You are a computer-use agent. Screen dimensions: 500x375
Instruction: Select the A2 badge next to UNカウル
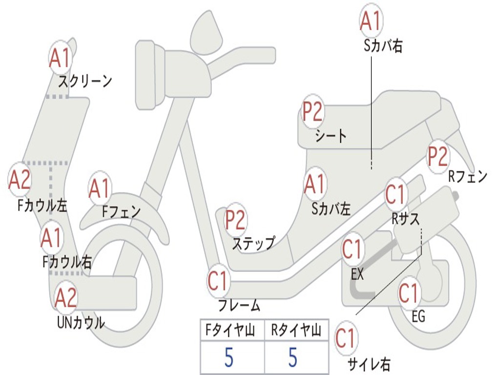tap(66, 298)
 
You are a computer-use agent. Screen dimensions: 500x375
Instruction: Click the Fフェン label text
tap(121, 211)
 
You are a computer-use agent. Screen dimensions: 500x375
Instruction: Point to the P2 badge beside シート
tap(312, 112)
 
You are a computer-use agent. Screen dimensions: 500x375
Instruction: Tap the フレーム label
tap(239, 306)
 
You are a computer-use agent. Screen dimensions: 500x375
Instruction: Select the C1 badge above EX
tap(353, 250)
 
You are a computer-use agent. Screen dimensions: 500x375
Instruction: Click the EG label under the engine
tap(418, 316)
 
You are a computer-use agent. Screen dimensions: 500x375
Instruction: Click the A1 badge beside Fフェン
tap(100, 188)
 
